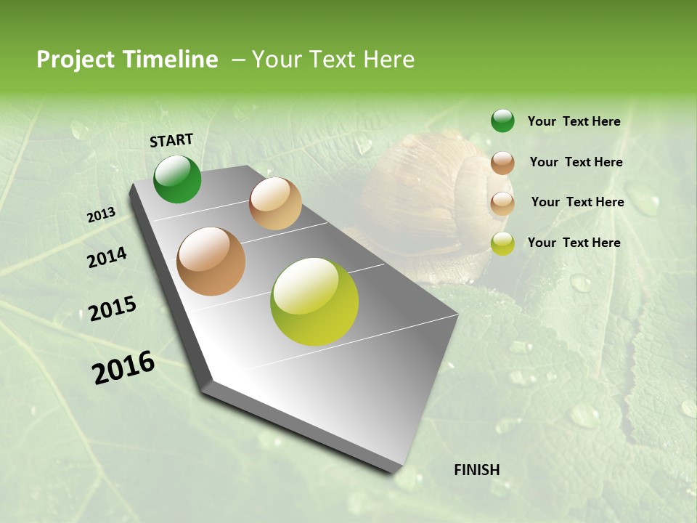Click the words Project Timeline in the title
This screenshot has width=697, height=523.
point(127,60)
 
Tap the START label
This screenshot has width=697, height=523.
point(171,140)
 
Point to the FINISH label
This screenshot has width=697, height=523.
point(477,470)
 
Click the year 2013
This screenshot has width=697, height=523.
point(101,215)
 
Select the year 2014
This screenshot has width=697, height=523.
point(107,257)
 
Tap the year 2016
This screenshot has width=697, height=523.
point(123,367)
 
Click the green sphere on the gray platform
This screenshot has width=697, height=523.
point(177,179)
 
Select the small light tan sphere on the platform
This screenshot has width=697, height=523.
point(275,203)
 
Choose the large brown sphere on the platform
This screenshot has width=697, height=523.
point(211,261)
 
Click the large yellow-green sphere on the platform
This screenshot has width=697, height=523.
point(314,301)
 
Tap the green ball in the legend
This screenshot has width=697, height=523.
point(502,121)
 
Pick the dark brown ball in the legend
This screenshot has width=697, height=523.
point(502,163)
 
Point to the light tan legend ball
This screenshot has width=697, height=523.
point(502,203)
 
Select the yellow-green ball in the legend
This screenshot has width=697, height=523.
point(502,244)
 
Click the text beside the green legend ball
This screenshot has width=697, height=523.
point(574,122)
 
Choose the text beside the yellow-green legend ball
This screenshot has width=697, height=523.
point(574,243)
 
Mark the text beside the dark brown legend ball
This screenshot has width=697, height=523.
point(576,162)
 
